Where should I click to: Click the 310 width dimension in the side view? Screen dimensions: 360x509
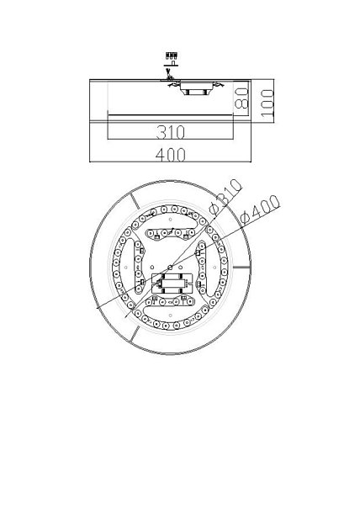coord(171,132)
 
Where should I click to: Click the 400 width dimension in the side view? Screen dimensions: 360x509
coord(171,155)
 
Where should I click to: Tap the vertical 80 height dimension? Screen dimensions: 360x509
coord(241,98)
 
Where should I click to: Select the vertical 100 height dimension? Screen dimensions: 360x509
coord(267,103)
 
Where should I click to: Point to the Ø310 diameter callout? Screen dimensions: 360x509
coord(226,198)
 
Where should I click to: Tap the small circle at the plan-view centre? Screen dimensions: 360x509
coord(170,268)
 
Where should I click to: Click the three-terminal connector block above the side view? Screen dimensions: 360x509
coord(171,55)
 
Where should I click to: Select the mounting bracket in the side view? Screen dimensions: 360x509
coord(195,88)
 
